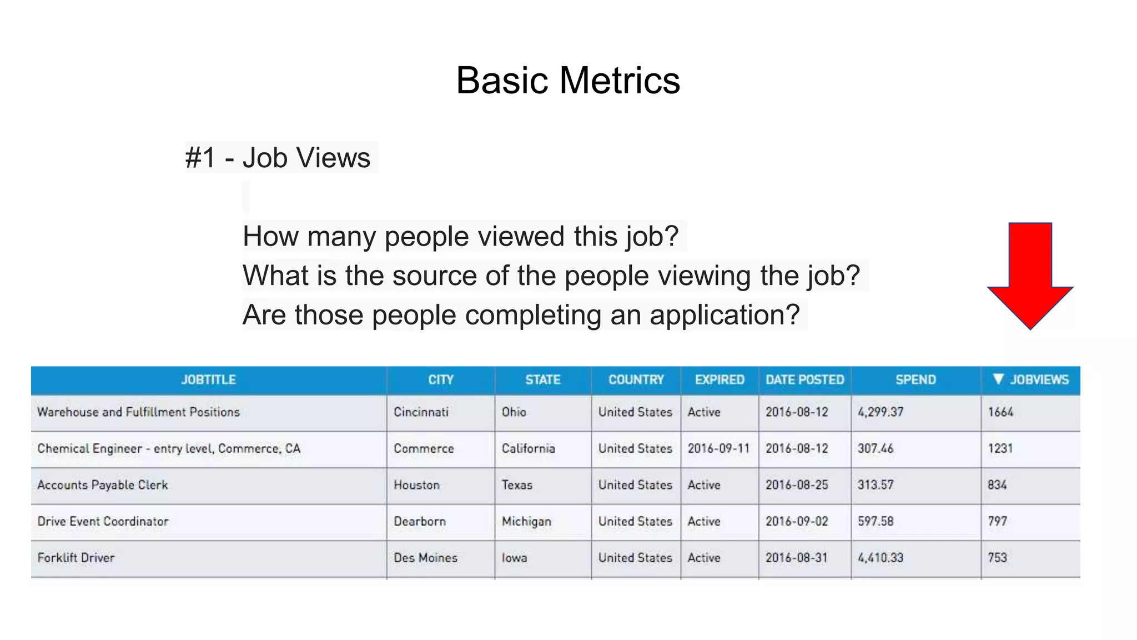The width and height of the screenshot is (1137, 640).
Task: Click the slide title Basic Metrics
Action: [x=567, y=81]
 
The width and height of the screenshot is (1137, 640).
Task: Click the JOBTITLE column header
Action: [x=208, y=380]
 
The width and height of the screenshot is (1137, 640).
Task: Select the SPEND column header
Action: [x=915, y=380]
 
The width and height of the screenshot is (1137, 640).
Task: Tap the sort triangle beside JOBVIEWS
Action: [x=998, y=379]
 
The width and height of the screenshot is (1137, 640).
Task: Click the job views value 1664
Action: [x=1000, y=412]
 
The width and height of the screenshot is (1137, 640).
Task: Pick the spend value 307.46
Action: [x=876, y=448]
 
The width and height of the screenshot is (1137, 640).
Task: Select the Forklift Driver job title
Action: [x=76, y=558]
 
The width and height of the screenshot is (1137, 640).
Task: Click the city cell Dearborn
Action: [x=420, y=522]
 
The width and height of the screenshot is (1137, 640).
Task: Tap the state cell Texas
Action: [x=517, y=485]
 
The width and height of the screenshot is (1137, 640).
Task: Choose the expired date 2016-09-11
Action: [x=718, y=448]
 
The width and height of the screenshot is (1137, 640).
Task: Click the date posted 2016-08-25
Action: [x=797, y=485]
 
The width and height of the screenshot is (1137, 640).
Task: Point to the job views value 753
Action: [x=997, y=558]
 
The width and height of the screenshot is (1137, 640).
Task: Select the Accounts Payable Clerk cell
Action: [x=103, y=485]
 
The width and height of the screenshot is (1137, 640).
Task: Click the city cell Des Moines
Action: [x=425, y=558]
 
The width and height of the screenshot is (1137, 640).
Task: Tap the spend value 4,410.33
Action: [x=881, y=558]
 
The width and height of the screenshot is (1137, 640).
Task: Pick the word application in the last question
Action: [x=724, y=315]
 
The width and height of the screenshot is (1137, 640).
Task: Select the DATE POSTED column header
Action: [x=804, y=380]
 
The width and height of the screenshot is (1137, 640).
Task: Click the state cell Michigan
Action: [x=526, y=522]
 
